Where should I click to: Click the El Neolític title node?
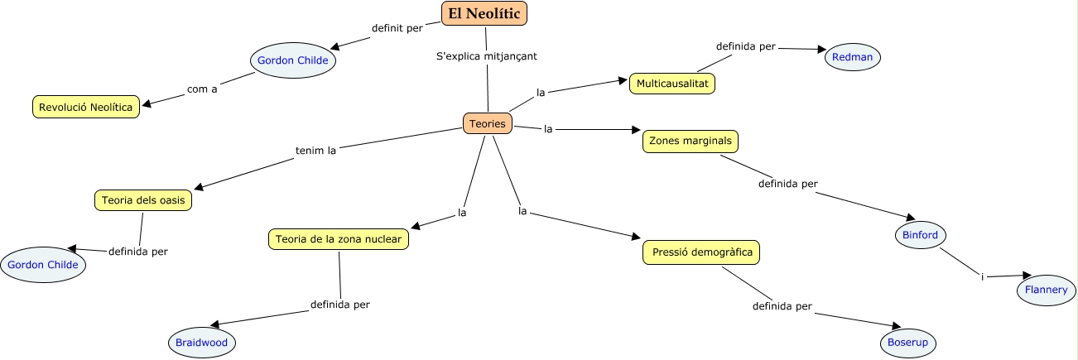click(x=484, y=13)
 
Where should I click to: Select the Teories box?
click(x=488, y=123)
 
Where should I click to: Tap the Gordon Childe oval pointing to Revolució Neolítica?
click(x=292, y=60)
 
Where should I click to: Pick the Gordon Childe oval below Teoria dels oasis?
click(x=43, y=265)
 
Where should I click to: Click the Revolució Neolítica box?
click(x=85, y=107)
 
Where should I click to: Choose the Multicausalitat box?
click(x=671, y=84)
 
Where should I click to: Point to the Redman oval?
click(x=853, y=57)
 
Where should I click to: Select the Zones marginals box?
click(x=690, y=141)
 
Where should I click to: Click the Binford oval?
click(x=920, y=235)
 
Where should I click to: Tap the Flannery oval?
click(x=1047, y=290)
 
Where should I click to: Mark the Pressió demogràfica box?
click(x=700, y=252)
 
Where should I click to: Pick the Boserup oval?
click(x=912, y=342)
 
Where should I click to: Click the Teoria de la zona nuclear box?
click(x=339, y=239)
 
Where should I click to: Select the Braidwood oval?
click(x=201, y=342)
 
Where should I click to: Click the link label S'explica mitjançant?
click(x=486, y=56)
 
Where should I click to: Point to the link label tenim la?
click(x=315, y=151)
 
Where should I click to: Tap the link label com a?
click(x=202, y=89)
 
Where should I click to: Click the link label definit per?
click(x=397, y=27)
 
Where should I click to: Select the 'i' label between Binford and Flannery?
click(x=982, y=276)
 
